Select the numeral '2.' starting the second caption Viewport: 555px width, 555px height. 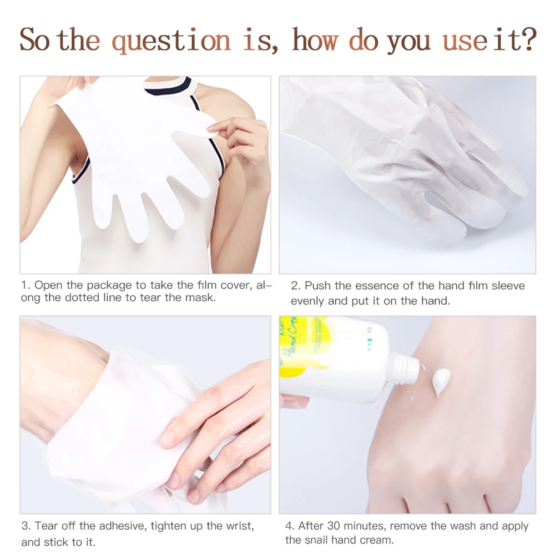click(x=296, y=286)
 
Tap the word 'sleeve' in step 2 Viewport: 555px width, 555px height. click(x=508, y=286)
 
